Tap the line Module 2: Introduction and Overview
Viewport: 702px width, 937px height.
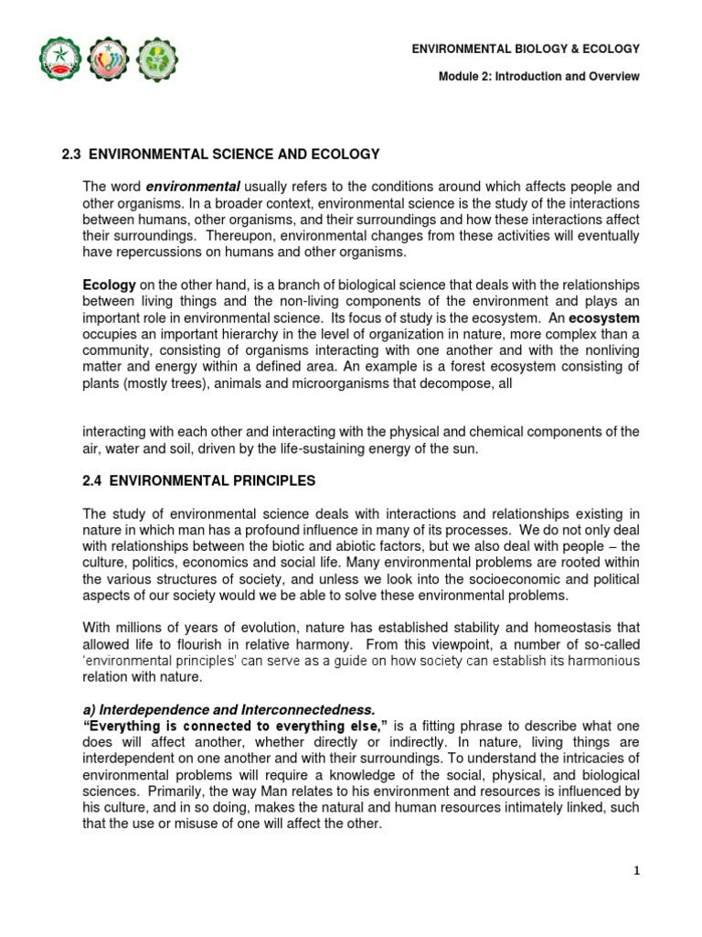[539, 77]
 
